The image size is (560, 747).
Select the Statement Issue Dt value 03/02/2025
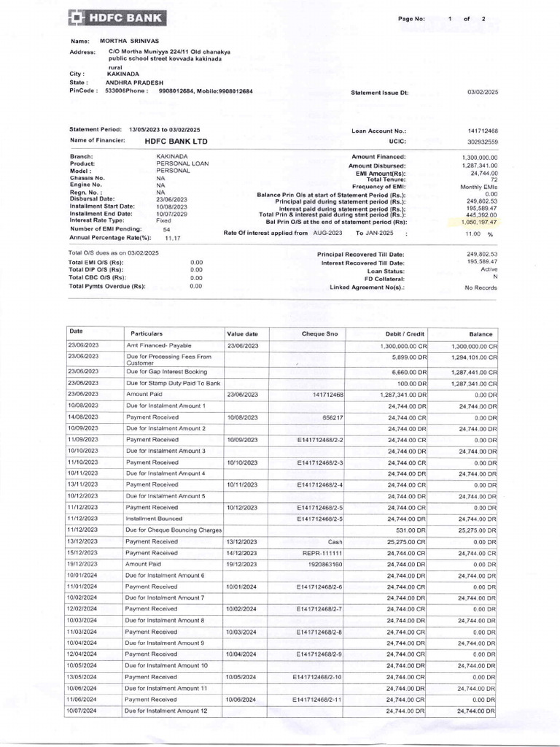(482, 93)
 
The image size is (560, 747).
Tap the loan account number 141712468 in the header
(483, 131)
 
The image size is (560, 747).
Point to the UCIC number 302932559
(483, 142)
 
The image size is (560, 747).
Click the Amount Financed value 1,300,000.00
(479, 157)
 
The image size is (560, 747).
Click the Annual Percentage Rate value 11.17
(172, 238)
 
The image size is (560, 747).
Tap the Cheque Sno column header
(319, 333)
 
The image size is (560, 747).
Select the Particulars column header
(147, 333)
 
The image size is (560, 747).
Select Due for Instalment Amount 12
(166, 711)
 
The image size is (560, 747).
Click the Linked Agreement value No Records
(481, 288)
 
